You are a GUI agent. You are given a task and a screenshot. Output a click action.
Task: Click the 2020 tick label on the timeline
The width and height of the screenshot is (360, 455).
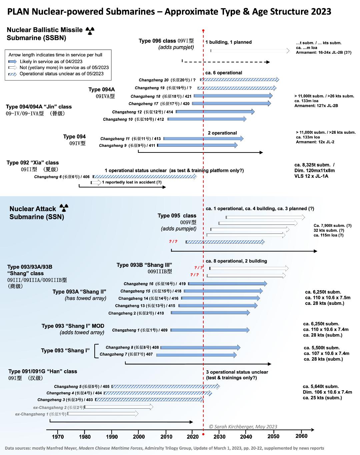(x=193, y=437)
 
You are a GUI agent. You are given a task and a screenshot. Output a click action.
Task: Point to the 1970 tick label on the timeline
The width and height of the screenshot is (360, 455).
(x=58, y=437)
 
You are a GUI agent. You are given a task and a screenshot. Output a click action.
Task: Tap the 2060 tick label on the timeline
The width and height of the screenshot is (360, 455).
(x=301, y=436)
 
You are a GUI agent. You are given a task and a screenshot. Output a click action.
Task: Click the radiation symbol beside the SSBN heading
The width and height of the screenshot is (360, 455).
(x=90, y=31)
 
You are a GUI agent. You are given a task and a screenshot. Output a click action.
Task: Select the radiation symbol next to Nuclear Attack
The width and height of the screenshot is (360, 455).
(x=64, y=208)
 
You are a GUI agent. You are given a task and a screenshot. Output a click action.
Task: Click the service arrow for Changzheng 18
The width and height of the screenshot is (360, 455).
(x=233, y=96)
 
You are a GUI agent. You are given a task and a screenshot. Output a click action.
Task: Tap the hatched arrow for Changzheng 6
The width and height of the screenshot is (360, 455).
(x=145, y=176)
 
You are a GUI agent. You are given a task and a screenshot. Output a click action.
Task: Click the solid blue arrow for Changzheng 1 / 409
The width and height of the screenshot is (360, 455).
(x=210, y=330)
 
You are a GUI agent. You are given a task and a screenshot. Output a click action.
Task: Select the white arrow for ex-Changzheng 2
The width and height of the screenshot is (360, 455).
(x=119, y=407)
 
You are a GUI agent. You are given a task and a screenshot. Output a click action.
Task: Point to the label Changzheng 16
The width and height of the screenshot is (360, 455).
(x=138, y=284)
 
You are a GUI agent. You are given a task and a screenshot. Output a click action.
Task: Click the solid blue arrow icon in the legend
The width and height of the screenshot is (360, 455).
(x=12, y=62)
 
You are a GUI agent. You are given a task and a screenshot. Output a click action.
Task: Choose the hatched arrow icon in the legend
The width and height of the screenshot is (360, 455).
(x=12, y=74)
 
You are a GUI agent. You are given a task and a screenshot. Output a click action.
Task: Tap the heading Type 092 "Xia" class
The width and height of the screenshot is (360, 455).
(x=33, y=163)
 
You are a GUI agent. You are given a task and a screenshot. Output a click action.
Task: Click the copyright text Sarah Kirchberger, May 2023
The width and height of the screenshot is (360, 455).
(x=243, y=427)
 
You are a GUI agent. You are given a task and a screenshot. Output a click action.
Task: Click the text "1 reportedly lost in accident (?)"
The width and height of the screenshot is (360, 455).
(x=132, y=182)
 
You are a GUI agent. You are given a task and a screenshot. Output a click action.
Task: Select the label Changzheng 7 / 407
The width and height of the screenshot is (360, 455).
(x=126, y=354)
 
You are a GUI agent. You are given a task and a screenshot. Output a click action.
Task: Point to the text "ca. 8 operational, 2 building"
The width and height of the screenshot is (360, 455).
(x=236, y=261)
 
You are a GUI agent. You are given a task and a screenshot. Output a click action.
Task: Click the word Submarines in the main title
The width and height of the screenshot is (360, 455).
(x=130, y=12)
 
